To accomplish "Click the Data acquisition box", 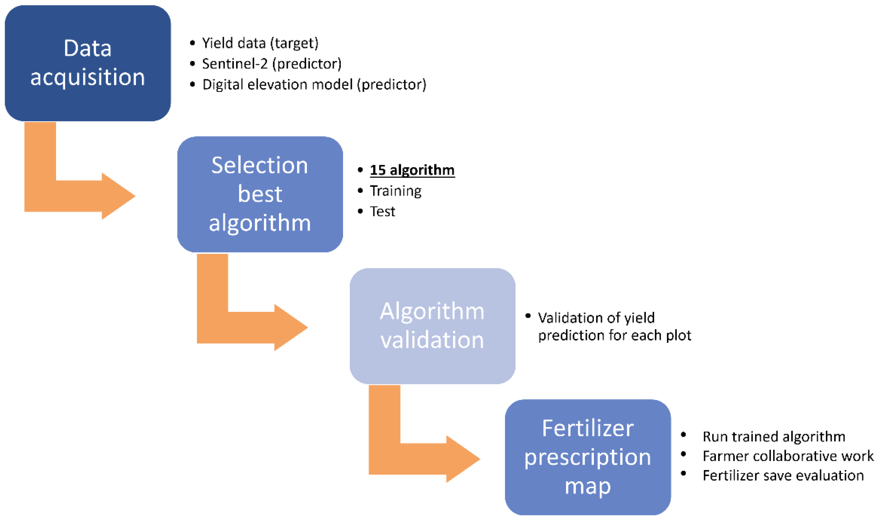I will pyautogui.click(x=88, y=63).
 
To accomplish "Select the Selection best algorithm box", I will pyautogui.click(x=260, y=194).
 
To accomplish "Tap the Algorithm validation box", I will pyautogui.click(x=432, y=326).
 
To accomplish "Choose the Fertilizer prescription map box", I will pyautogui.click(x=588, y=457).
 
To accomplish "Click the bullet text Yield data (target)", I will pyautogui.click(x=260, y=43).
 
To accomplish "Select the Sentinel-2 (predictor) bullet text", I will pyautogui.click(x=272, y=64).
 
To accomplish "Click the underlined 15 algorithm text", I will pyautogui.click(x=412, y=170).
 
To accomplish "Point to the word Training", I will pyautogui.click(x=396, y=191).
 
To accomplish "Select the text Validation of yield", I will pyautogui.click(x=596, y=317).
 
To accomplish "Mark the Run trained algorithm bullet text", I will pyautogui.click(x=774, y=436).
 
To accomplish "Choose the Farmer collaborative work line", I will pyautogui.click(x=788, y=456).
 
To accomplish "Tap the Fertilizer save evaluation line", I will pyautogui.click(x=783, y=476).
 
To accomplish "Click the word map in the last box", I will pyautogui.click(x=588, y=486).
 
